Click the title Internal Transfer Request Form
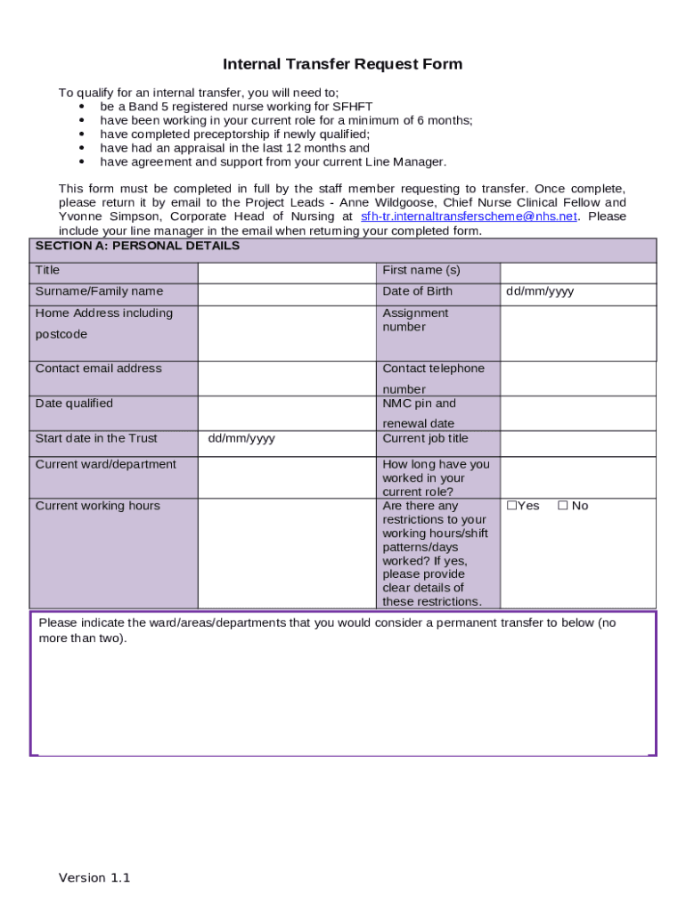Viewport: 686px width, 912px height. pos(342,64)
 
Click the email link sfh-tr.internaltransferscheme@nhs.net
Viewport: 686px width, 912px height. pos(469,216)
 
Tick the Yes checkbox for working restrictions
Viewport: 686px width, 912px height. pos(512,506)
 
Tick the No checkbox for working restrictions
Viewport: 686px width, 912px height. pos(563,506)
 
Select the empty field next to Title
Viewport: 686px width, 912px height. pos(286,273)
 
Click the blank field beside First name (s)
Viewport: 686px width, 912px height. pos(577,273)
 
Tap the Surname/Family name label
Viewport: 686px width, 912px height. pos(99,291)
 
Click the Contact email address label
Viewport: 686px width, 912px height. pos(98,369)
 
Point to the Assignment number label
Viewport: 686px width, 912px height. pos(415,320)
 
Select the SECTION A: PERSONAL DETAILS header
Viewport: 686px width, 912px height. pos(137,246)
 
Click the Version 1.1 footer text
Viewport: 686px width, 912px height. pos(94,878)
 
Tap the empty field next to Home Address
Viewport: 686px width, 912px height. pos(286,332)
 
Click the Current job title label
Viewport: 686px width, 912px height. pos(425,438)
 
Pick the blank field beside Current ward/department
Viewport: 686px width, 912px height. pos(286,476)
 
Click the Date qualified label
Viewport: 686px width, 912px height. pos(74,403)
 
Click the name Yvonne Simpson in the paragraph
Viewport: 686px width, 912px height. pos(110,216)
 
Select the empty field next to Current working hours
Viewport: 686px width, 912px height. pos(286,553)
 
